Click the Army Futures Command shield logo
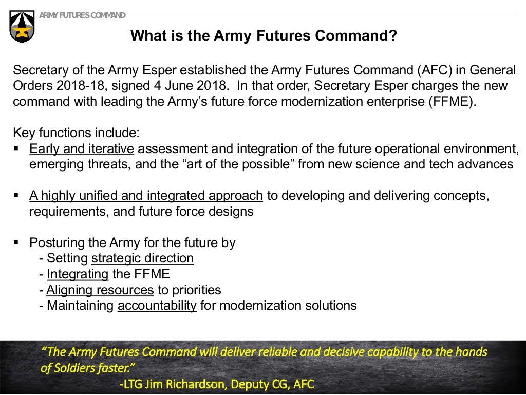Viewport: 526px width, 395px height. pos(22,26)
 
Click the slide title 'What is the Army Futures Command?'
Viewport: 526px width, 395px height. pos(264,36)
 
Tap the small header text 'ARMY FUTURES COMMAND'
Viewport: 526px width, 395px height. pos(82,15)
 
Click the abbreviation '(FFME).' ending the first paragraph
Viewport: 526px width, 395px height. pos(452,101)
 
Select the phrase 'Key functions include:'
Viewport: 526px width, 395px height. pos(76,133)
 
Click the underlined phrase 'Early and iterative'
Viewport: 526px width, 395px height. pos(82,149)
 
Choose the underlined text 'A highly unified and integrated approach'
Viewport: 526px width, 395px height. pos(146,196)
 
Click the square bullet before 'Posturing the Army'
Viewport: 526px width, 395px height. pos(16,242)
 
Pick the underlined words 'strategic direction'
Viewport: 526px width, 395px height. pos(142,258)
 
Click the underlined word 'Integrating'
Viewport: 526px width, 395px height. pos(78,274)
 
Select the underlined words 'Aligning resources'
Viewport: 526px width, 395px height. pos(100,290)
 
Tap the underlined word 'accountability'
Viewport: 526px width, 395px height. pos(157,306)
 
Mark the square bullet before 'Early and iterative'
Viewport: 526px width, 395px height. pos(16,148)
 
